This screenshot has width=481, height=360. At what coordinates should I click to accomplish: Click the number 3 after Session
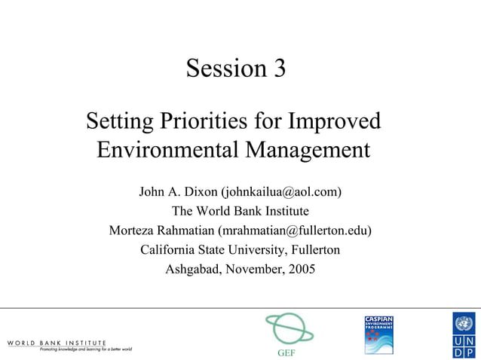pyautogui.click(x=278, y=69)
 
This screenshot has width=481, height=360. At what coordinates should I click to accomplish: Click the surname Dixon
pyautogui.click(x=198, y=191)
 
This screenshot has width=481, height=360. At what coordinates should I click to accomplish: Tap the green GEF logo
pyautogui.click(x=288, y=329)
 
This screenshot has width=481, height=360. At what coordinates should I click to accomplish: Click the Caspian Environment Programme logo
pyautogui.click(x=379, y=334)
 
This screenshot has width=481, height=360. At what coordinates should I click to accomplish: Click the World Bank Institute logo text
pyautogui.click(x=57, y=343)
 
